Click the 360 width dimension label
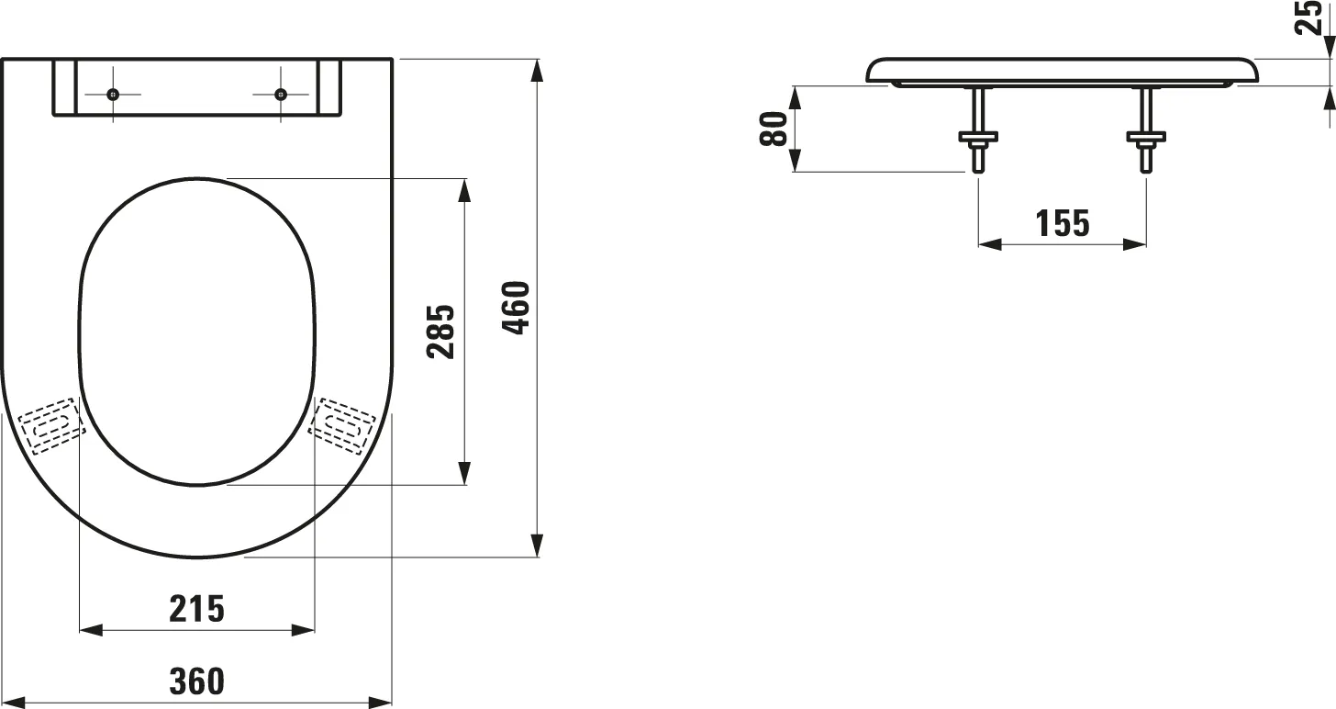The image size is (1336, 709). coord(196,681)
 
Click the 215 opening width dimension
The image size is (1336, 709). coord(196,609)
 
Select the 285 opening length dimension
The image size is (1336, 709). coord(440,332)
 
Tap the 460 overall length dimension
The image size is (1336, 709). coord(516,308)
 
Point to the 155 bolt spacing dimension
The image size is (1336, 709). coord(1063,223)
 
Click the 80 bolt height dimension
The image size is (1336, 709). coord(774,129)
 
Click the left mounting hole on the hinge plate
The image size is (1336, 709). coord(113,95)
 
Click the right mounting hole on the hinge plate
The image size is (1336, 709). coord(281,95)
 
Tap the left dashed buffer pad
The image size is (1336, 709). coord(51,426)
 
